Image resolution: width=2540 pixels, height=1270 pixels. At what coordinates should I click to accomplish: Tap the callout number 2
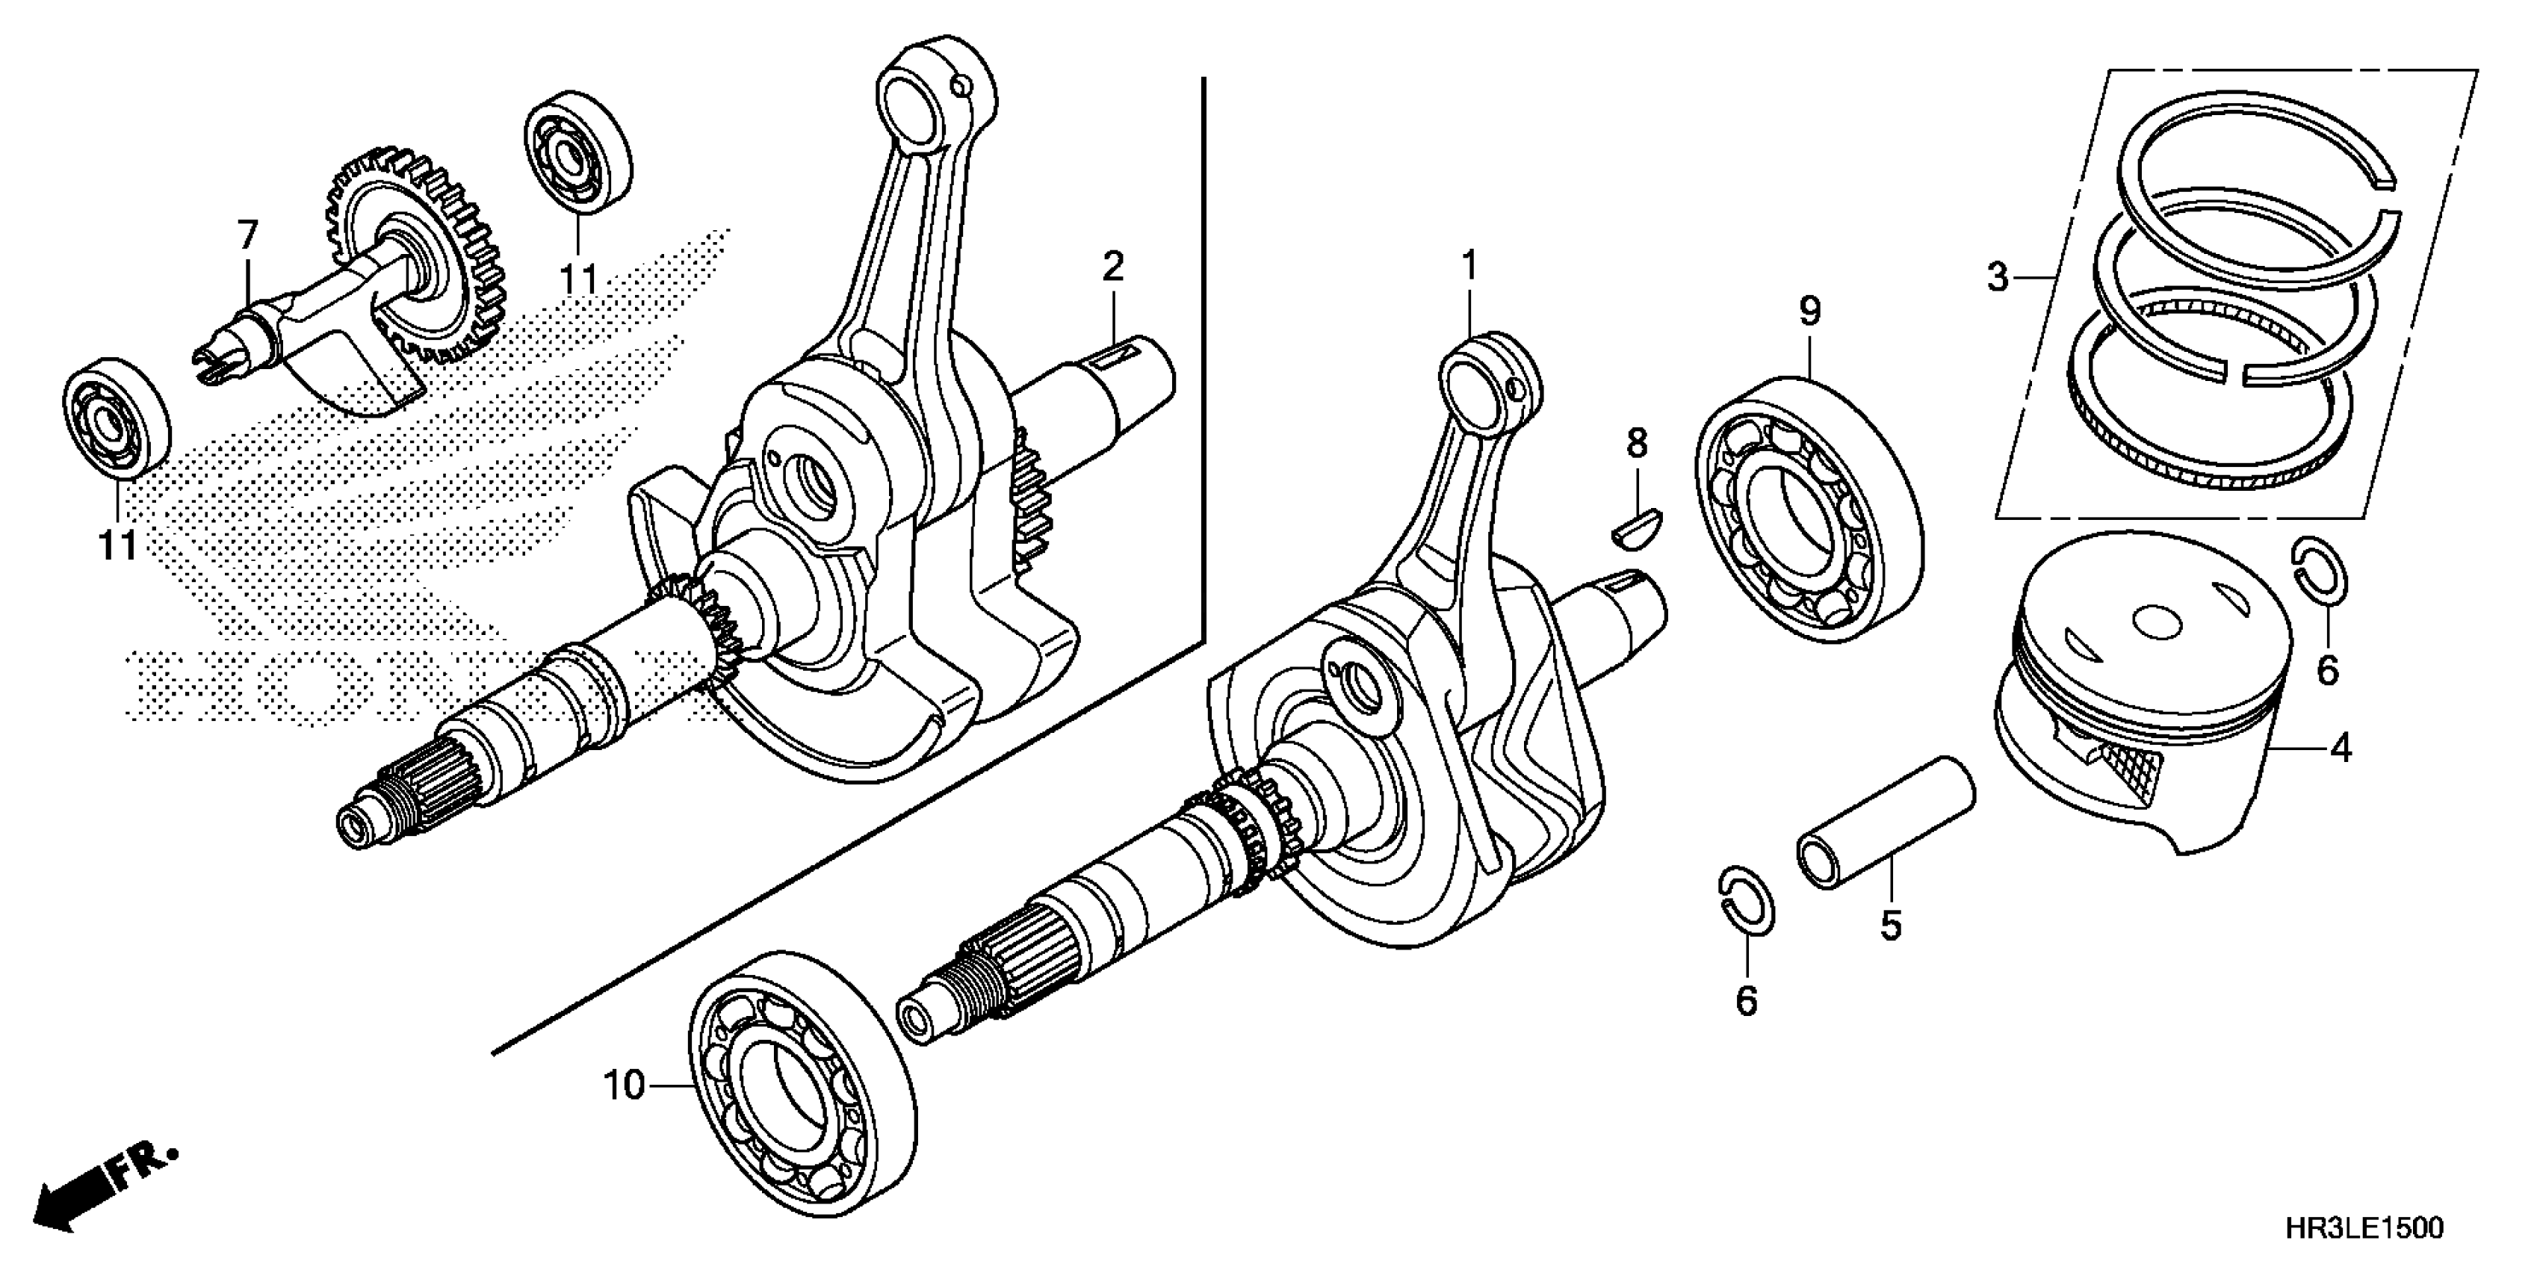click(1112, 266)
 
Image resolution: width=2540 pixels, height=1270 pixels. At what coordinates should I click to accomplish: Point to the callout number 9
click(1809, 312)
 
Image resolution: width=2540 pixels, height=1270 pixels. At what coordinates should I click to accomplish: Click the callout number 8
click(1637, 444)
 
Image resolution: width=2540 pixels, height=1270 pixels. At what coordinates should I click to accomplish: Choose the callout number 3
click(1998, 278)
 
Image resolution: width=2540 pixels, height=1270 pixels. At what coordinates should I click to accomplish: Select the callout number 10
click(623, 1085)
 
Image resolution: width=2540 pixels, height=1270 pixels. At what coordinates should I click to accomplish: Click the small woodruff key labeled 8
click(1637, 523)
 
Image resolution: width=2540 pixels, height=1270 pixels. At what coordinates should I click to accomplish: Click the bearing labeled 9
click(1809, 508)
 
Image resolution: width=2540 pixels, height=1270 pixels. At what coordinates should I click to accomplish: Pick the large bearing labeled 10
click(801, 1088)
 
